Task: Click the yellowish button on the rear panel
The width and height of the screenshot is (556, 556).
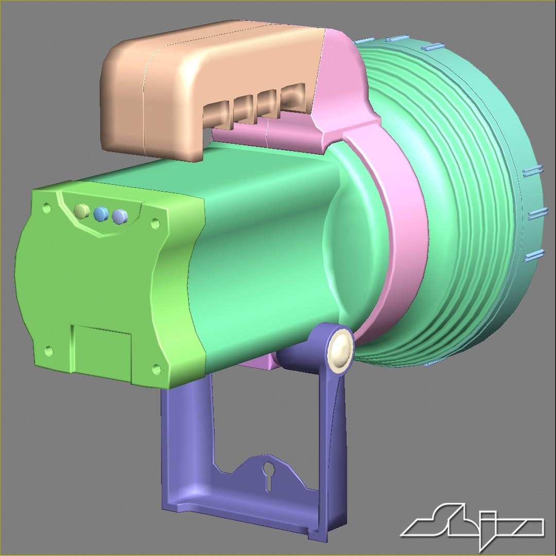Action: pos(81,211)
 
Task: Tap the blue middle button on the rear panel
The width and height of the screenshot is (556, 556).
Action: pos(101,214)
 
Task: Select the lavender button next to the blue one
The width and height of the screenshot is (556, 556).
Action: pos(119,216)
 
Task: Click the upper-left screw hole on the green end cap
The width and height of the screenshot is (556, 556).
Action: pos(46,208)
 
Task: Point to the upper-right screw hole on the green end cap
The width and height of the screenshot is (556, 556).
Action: pos(154,224)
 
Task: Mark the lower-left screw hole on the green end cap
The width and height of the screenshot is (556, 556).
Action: pos(49,351)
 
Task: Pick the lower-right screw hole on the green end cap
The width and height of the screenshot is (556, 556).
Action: pos(156,369)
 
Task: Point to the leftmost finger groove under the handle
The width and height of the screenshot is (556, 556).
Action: pos(216,115)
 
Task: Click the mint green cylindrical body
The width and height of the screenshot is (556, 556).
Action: pos(268,247)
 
